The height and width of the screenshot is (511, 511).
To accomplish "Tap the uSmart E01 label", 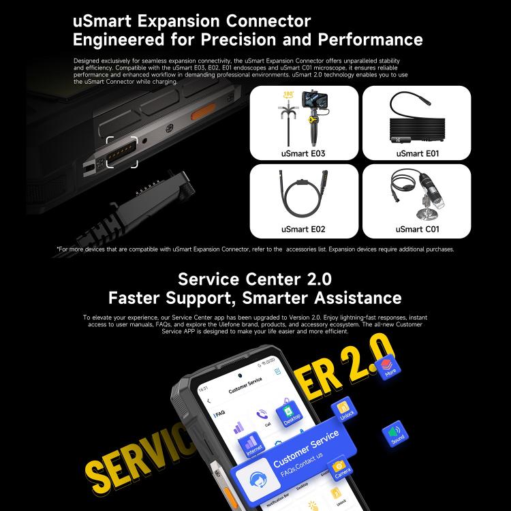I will (416, 154).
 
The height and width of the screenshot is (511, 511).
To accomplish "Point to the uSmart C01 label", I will (416, 229).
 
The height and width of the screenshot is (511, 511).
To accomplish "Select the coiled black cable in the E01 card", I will (417, 126).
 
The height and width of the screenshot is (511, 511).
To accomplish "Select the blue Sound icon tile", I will (397, 433).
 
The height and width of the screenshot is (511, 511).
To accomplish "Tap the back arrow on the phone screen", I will (208, 401).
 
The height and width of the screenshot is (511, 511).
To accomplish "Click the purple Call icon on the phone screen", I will (262, 415).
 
